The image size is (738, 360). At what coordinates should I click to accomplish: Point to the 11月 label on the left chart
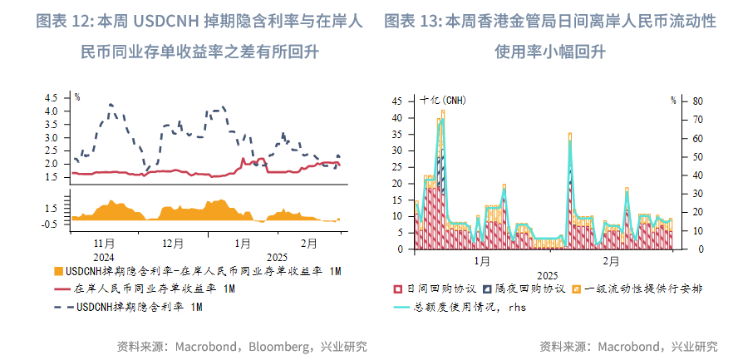click(105, 244)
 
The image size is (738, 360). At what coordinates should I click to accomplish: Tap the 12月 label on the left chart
click(172, 244)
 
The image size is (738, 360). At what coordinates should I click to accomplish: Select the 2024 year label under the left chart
click(105, 257)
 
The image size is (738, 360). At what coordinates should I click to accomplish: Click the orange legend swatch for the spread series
click(57, 272)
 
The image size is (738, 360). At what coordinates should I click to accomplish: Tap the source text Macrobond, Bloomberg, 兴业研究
click(242, 346)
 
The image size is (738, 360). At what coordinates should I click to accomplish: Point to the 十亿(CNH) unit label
click(443, 100)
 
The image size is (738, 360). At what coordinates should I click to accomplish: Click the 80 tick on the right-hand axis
click(699, 101)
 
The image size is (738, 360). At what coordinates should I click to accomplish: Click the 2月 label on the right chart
click(611, 261)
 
